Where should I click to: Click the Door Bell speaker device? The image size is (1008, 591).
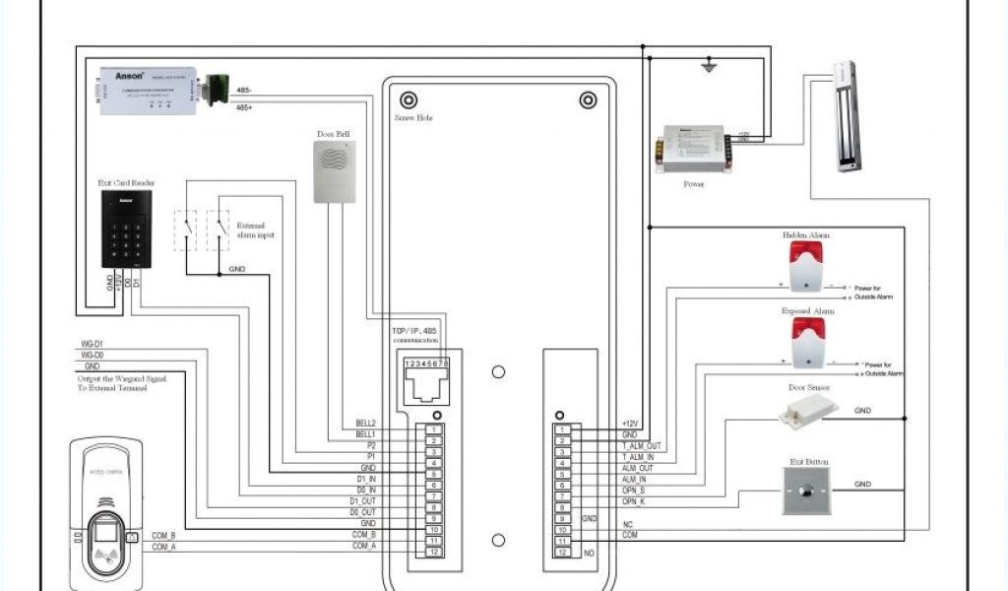pos(334,171)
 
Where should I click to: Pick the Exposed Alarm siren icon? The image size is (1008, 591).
pos(807,341)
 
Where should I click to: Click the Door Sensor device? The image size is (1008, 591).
pos(801,414)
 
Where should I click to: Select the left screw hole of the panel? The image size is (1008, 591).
pos(408,99)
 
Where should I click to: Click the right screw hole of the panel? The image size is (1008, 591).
pos(588,99)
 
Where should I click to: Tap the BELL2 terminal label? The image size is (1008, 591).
pos(366,424)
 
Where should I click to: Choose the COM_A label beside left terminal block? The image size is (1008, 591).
pos(364,545)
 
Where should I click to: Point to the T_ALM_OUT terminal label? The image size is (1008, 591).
pos(642,446)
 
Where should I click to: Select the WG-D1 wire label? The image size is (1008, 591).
pos(93,344)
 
